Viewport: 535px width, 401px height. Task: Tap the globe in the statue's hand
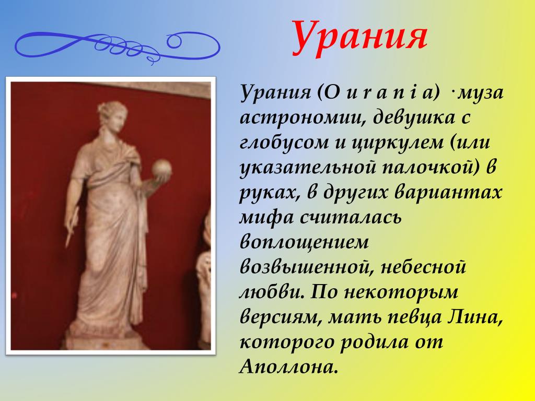click(161, 168)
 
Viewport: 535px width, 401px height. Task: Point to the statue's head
click(113, 115)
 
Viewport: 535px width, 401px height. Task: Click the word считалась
click(351, 218)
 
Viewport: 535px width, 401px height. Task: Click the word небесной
click(423, 267)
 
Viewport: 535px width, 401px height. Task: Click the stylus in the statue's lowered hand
click(72, 227)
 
